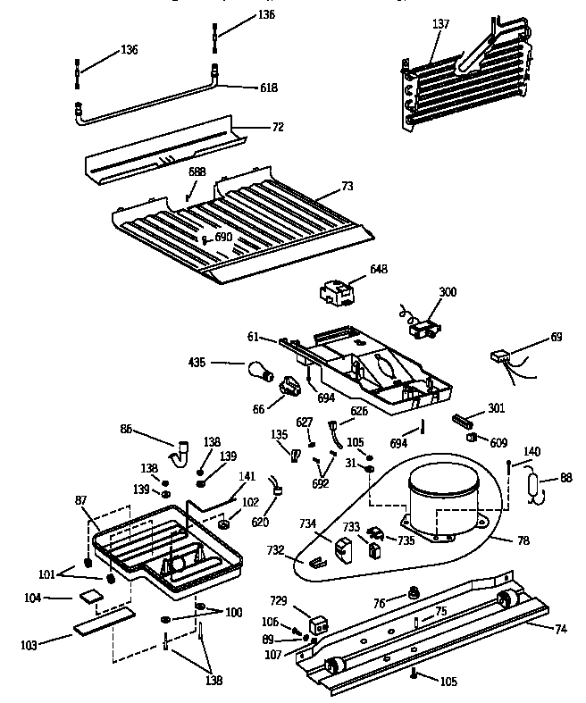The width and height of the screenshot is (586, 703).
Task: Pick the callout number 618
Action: (x=268, y=88)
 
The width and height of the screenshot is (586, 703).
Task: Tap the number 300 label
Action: (x=447, y=292)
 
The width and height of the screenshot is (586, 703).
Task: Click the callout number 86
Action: (x=127, y=429)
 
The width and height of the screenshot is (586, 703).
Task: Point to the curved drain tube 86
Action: (x=185, y=450)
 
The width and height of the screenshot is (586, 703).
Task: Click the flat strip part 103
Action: (x=104, y=623)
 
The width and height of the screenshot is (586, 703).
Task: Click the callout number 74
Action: (x=560, y=628)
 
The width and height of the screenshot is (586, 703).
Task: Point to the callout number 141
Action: (x=247, y=476)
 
